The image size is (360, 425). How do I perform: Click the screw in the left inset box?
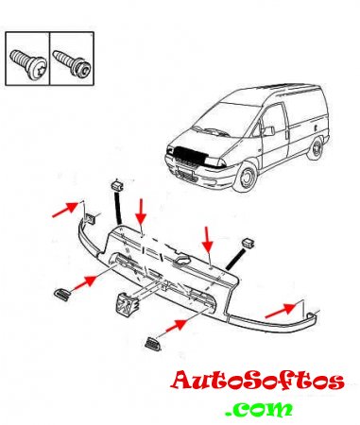(x=28, y=64)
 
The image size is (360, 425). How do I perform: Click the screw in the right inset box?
(x=73, y=64)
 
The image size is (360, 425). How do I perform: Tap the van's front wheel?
(x=246, y=178)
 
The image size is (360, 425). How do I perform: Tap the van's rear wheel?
(x=315, y=148)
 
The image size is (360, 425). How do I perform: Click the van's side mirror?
(x=268, y=130)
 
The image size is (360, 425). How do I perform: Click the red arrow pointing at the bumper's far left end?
(x=65, y=210)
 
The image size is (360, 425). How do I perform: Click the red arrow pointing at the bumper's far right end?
(x=281, y=310)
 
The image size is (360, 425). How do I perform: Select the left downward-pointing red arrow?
(x=141, y=211)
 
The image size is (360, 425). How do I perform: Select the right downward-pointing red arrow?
(x=208, y=240)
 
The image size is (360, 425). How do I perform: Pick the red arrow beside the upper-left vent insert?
(x=84, y=282)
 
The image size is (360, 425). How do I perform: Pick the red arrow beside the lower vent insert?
(x=175, y=326)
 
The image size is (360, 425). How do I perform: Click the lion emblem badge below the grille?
(x=128, y=305)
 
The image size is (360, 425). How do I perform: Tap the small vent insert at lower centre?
(x=153, y=344)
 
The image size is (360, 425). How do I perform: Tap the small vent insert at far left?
(x=62, y=295)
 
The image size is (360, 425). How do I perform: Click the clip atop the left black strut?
(x=116, y=185)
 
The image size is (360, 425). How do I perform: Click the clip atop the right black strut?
(x=249, y=244)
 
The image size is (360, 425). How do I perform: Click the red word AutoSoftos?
(x=257, y=381)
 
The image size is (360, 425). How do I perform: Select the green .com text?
(x=259, y=409)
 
